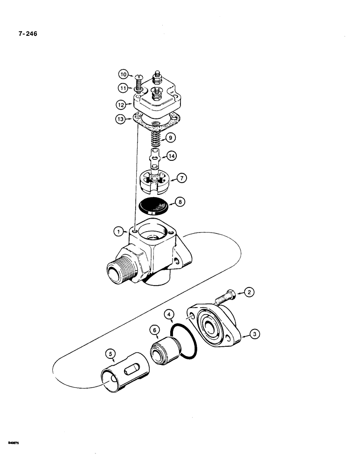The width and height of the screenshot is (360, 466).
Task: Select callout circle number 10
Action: pyautogui.click(x=123, y=74)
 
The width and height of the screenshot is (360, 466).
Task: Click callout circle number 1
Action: pyautogui.click(x=120, y=230)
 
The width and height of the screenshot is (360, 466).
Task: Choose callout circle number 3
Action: pyautogui.click(x=254, y=334)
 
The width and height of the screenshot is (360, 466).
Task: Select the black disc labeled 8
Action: pyautogui.click(x=154, y=204)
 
